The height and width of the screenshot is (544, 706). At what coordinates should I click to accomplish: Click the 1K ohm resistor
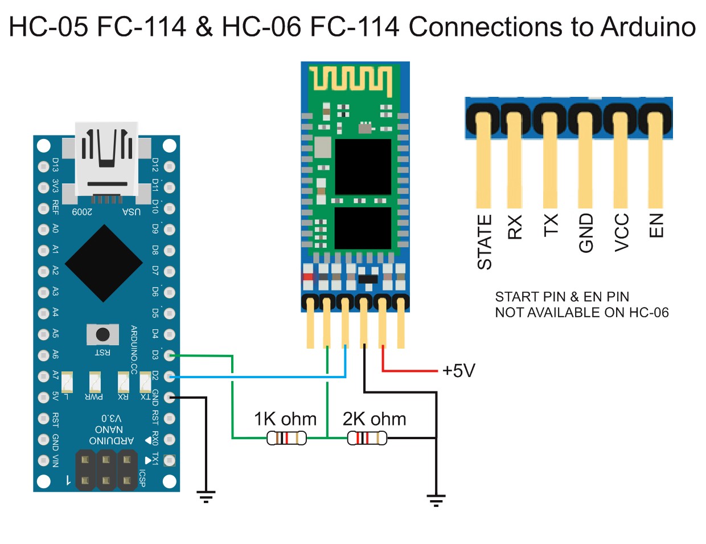tap(286, 437)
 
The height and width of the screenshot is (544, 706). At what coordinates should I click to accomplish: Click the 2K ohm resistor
tap(367, 437)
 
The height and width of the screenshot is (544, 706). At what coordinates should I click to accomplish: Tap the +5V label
tap(459, 371)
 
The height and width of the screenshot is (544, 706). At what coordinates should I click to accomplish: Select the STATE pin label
tap(485, 242)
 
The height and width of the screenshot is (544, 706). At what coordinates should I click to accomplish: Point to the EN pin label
tap(656, 226)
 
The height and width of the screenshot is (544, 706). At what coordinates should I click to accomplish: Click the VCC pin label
tap(622, 232)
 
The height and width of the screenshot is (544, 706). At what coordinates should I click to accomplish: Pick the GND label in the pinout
tap(586, 232)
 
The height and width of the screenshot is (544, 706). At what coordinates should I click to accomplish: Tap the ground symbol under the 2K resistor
tap(436, 500)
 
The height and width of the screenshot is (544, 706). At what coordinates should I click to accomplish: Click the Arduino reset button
tap(102, 334)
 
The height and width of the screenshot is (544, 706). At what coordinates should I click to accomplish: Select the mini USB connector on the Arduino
tap(106, 159)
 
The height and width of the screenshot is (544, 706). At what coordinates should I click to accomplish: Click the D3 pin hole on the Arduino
tap(169, 355)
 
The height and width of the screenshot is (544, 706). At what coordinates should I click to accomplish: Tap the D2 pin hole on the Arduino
tap(169, 377)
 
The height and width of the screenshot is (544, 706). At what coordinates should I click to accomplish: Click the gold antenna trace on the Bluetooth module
tap(350, 79)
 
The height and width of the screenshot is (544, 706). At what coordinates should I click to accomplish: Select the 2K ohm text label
tap(374, 419)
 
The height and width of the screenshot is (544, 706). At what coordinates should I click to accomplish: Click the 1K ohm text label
tap(285, 419)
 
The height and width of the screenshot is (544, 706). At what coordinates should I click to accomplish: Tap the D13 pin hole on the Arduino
tap(43, 166)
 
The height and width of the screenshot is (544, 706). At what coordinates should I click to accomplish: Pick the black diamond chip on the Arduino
tap(104, 263)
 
